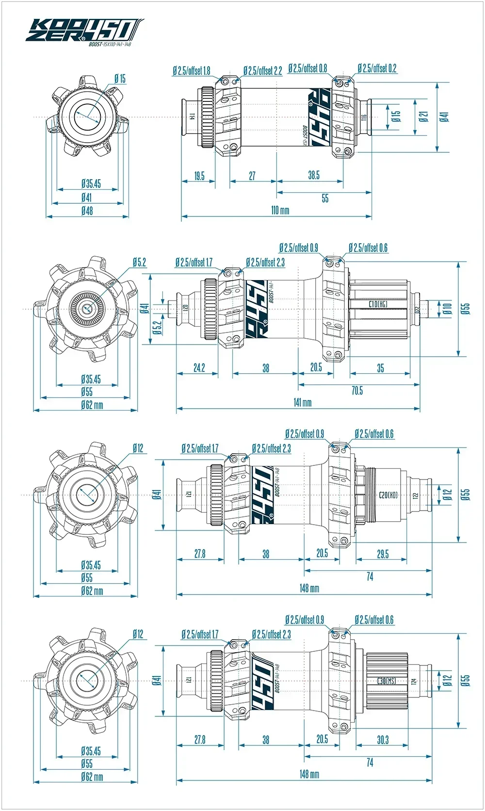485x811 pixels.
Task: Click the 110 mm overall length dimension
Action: [x=280, y=210]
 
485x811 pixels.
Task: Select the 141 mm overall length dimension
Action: [x=302, y=402]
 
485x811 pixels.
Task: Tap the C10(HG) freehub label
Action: [x=378, y=304]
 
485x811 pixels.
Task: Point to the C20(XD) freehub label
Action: [x=388, y=495]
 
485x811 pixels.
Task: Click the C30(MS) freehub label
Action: [x=387, y=681]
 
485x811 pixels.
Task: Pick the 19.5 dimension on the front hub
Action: [x=199, y=176]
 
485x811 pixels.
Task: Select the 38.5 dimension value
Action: [x=314, y=175]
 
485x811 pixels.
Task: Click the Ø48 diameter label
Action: [x=87, y=211]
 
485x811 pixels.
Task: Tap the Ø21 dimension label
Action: [x=423, y=116]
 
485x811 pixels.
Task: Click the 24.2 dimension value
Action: [x=199, y=367]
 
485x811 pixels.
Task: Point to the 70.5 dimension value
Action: [x=357, y=390]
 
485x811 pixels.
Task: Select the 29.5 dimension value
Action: [x=383, y=554]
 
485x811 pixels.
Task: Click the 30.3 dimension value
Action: [x=383, y=740]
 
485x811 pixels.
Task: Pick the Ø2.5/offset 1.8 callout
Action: [x=192, y=71]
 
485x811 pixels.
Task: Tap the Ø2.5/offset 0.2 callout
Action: [x=377, y=68]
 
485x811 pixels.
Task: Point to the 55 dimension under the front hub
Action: [x=325, y=198]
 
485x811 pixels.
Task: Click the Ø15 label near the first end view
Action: [x=120, y=78]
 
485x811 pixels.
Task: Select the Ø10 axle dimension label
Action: [x=447, y=308]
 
